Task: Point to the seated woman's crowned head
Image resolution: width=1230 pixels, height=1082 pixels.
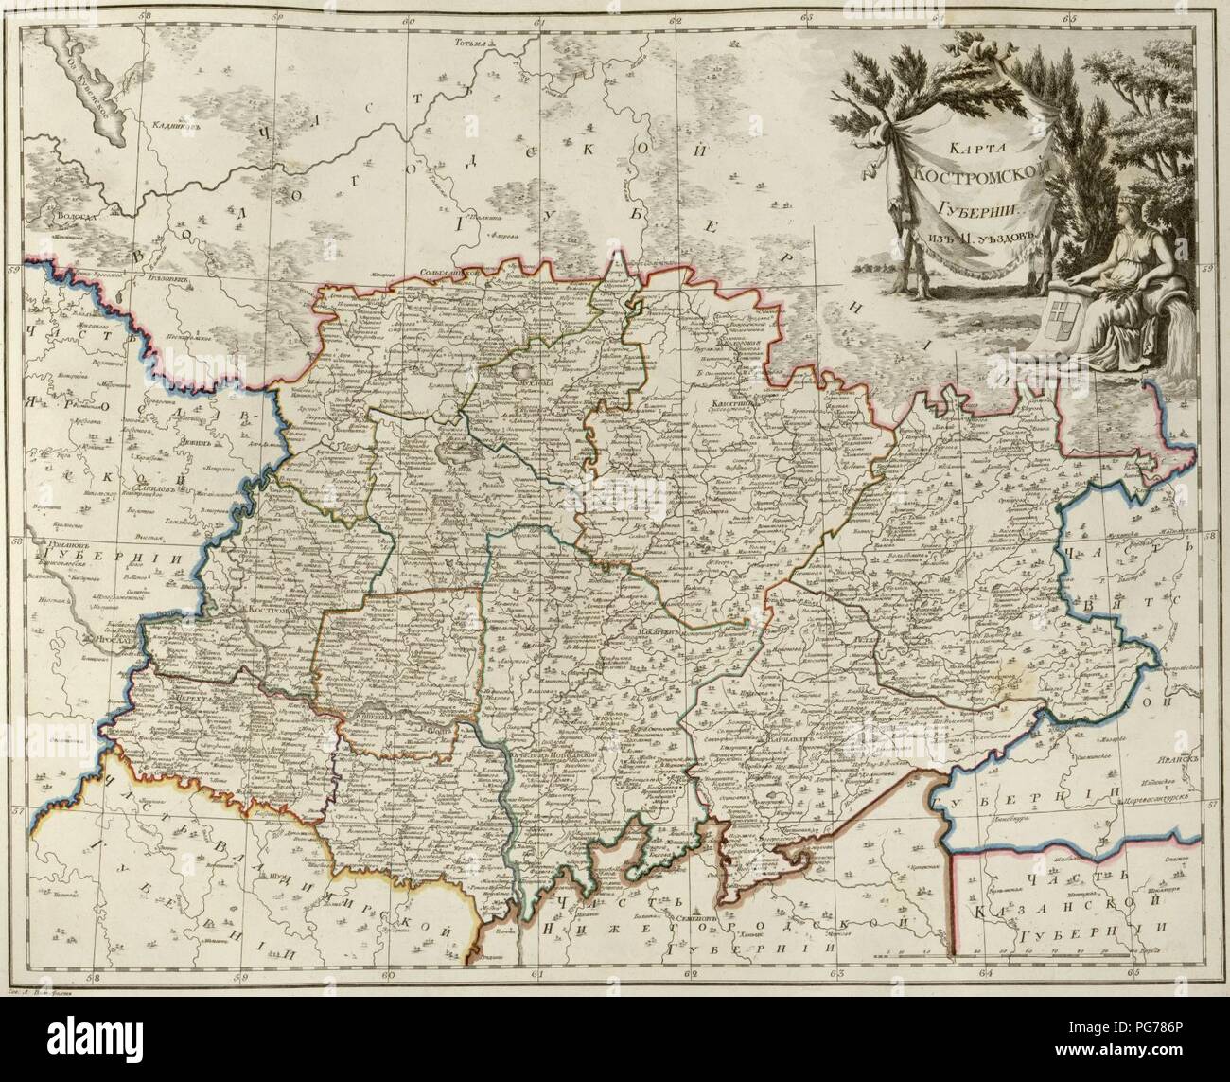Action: click(1125, 210)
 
